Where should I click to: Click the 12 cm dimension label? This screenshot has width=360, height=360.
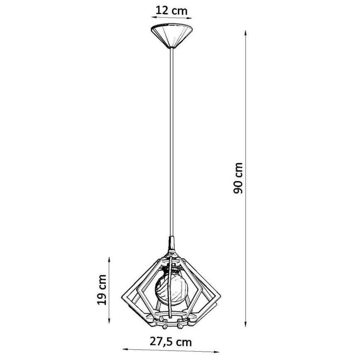pyautogui.click(x=172, y=10)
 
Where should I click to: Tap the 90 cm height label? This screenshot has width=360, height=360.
pyautogui.click(x=239, y=178)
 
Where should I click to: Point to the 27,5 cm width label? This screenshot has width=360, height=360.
pyautogui.click(x=172, y=343)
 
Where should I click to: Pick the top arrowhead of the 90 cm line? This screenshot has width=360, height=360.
pyautogui.click(x=246, y=33)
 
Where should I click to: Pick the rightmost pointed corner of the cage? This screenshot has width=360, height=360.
pyautogui.click(x=220, y=295)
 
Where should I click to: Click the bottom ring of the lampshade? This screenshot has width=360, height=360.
pyautogui.click(x=172, y=321)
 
